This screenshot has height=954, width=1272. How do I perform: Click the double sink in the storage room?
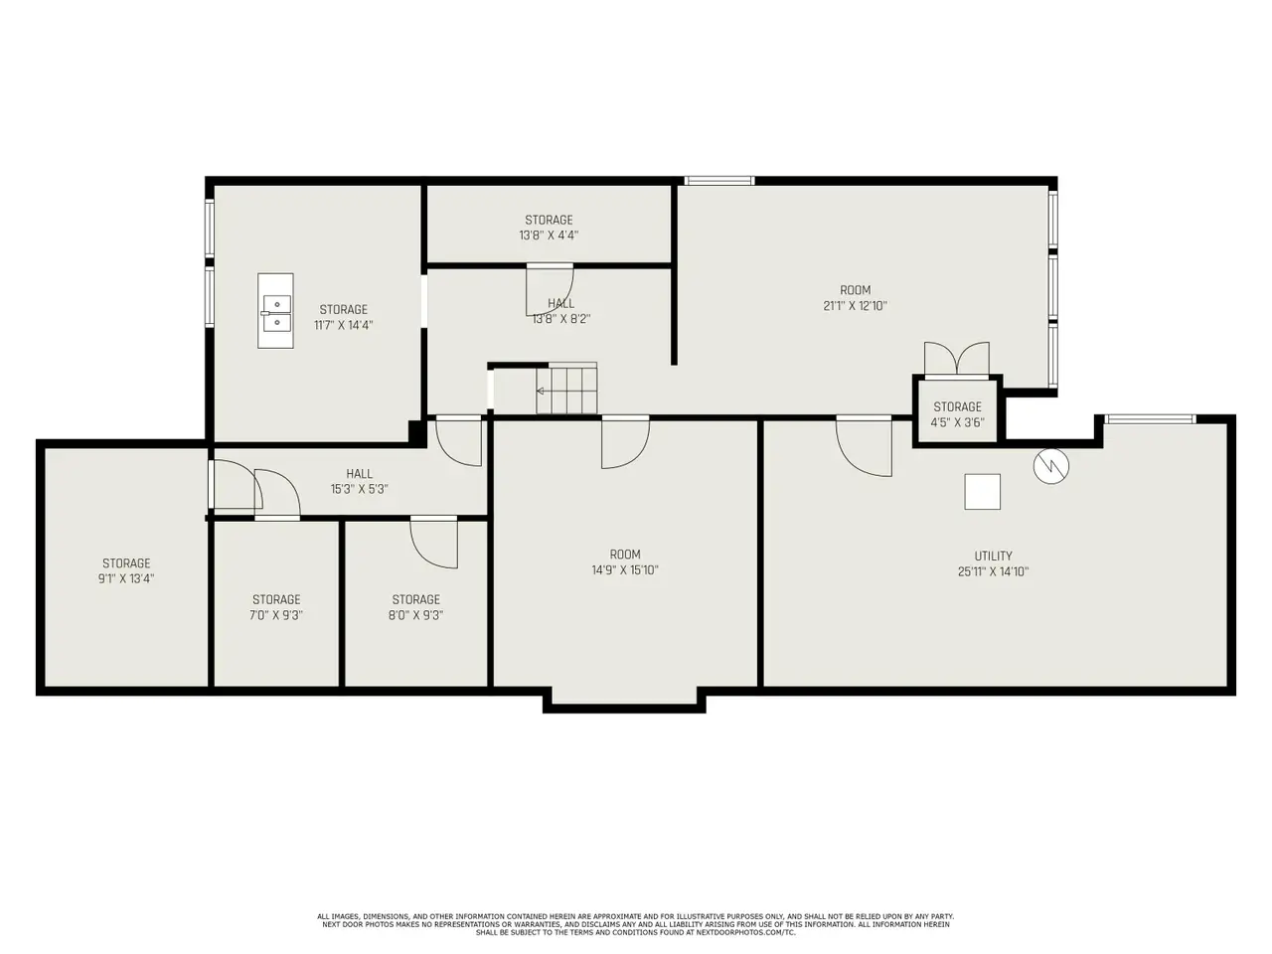pos(275,311)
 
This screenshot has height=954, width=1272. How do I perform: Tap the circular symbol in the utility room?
pos(1050,466)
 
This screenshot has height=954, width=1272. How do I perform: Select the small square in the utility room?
pos(982,492)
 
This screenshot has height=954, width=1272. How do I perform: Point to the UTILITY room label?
pos(993,556)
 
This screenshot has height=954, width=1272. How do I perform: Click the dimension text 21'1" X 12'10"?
pos(856,306)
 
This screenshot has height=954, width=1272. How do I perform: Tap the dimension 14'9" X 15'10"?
pos(625,570)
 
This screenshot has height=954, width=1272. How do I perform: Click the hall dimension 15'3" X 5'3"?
pos(360,490)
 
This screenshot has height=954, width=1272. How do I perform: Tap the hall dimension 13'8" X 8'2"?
pos(560,319)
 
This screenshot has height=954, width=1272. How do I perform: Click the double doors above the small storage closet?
pos(956,360)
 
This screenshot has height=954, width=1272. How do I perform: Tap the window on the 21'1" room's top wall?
pos(719,181)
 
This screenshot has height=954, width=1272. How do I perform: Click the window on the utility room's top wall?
pos(1151,419)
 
